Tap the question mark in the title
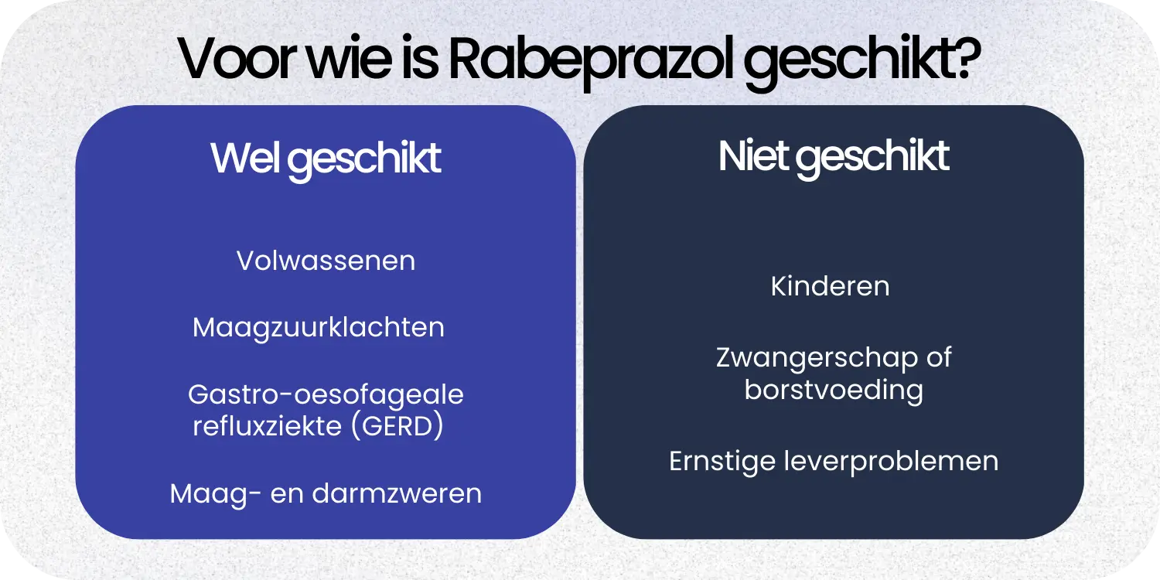point(963,60)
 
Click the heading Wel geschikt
point(326,159)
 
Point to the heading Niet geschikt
point(834,156)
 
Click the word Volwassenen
point(326,261)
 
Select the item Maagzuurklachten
point(319,327)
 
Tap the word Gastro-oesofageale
point(326,394)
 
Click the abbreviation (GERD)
point(397,426)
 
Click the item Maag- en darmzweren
point(326,493)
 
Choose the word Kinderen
point(830,286)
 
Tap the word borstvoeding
point(834,390)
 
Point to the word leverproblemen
point(891,461)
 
